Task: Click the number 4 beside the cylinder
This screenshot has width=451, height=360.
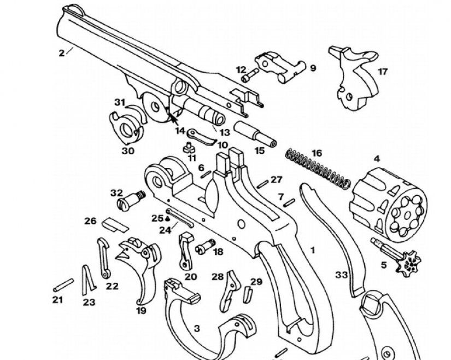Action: (x=376, y=159)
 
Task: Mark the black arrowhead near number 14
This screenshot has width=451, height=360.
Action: (x=174, y=114)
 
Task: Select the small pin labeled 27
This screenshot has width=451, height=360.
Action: (x=263, y=182)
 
